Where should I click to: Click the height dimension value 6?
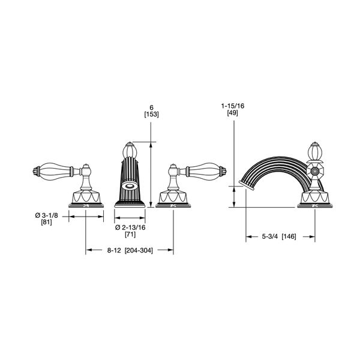[151, 107]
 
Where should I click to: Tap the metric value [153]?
[152, 115]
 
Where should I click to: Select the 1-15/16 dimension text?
[233, 106]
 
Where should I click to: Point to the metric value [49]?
[233, 113]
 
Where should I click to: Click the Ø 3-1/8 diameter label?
[47, 215]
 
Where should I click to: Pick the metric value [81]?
[46, 222]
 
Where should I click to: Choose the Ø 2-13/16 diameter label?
[130, 227]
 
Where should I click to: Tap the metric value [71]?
[130, 235]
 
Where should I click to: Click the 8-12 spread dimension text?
[114, 250]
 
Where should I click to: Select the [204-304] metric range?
[139, 250]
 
